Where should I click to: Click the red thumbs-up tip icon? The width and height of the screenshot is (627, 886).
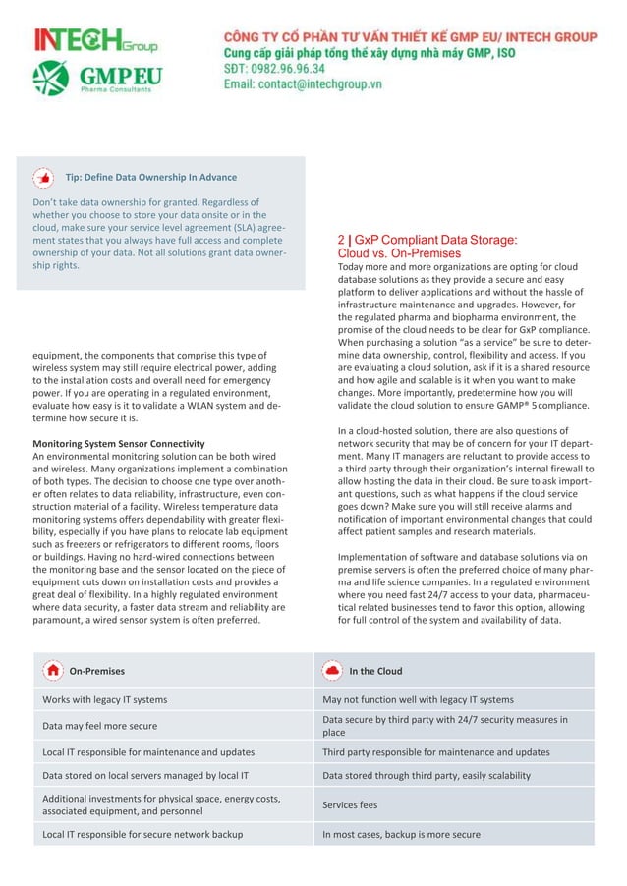pos(44,178)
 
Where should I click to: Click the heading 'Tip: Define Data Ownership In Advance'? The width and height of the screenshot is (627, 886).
pos(150,178)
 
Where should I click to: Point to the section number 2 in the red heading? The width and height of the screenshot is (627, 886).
pos(340,239)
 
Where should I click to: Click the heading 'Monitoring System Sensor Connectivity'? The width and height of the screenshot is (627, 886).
pos(118,444)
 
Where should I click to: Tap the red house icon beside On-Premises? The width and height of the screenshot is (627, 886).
pos(52,670)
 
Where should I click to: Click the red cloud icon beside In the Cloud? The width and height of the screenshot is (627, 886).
pos(332,670)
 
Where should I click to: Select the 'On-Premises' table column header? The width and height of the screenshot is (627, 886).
pos(96,672)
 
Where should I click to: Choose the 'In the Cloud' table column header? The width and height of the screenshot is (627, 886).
pos(375,672)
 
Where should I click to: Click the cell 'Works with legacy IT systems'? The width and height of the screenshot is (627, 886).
pos(104,700)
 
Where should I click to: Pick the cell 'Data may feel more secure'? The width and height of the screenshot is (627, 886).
pos(99,726)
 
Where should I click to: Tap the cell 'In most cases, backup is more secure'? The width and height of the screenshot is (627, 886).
pos(401,835)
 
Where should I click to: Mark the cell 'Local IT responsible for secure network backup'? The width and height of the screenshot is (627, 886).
pos(142,835)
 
